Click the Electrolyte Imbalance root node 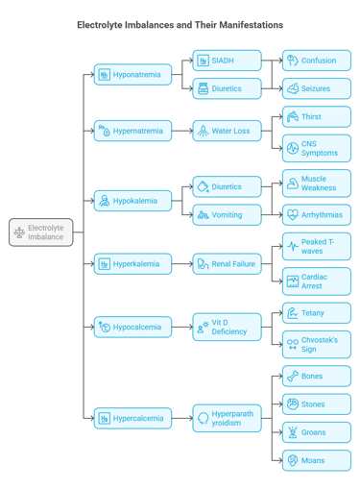40,232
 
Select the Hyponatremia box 132,74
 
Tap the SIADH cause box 227,61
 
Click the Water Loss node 227,131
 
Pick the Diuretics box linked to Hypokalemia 227,186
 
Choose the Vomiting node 227,215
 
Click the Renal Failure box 227,263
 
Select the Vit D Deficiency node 227,327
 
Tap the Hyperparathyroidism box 227,418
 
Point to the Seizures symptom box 317,88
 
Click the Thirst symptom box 317,117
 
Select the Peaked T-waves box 317,246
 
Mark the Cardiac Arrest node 317,281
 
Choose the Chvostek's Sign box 317,344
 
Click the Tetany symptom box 317,313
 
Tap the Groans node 317,432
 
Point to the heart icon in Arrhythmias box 293,215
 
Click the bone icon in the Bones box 293,376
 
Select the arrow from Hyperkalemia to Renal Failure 182,263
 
